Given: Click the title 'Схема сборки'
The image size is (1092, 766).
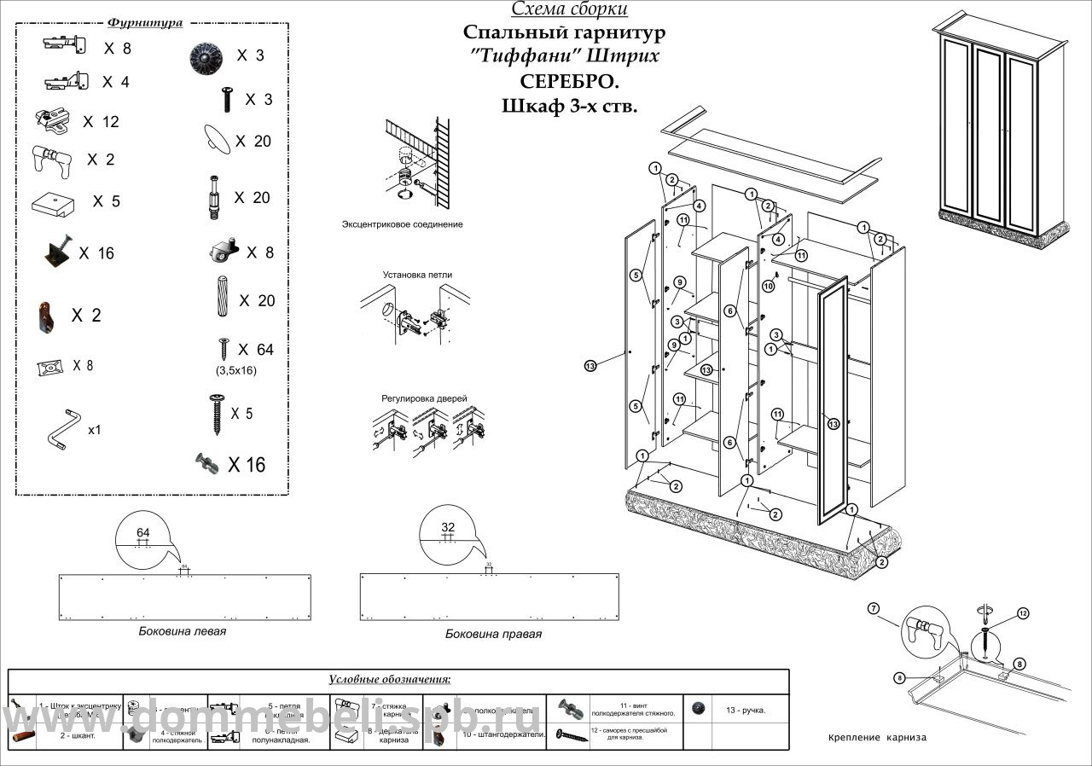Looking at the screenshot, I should click(x=569, y=9).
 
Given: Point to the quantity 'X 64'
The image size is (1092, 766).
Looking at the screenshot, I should click(x=256, y=350).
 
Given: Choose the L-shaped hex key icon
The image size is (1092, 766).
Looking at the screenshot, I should click(x=61, y=429).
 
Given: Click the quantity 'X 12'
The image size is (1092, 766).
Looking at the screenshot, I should click(x=101, y=122).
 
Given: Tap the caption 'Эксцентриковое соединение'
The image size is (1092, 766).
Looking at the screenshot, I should click(x=402, y=224).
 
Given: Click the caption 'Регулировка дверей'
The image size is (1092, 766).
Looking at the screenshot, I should click(x=417, y=398).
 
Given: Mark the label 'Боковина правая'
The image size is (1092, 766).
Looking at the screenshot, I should click(x=493, y=634).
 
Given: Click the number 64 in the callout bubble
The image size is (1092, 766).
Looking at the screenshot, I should click(x=142, y=533).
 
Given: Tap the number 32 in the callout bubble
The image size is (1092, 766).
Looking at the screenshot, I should click(x=448, y=526).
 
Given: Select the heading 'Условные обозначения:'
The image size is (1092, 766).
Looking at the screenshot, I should click(x=390, y=680).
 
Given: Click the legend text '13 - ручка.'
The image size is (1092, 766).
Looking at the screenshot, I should click(x=745, y=710).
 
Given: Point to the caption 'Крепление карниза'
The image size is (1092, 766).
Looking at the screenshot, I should click(x=877, y=738).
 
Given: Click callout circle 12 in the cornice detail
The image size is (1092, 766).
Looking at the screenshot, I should click(x=1023, y=612).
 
